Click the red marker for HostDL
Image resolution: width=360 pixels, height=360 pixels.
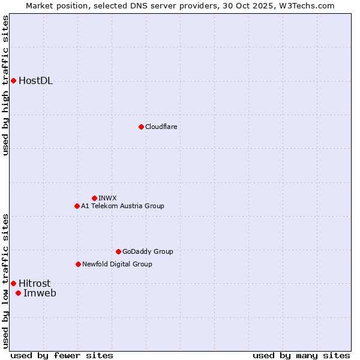tap(13, 80)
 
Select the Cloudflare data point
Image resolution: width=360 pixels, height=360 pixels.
tap(141, 127)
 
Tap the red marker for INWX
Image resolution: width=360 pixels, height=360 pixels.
tap(94, 198)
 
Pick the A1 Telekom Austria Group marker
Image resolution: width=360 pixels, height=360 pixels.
tap(77, 206)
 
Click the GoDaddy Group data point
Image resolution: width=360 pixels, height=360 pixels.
tap(118, 251)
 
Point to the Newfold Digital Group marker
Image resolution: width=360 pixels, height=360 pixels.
tap(78, 264)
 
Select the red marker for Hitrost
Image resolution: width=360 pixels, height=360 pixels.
tap(13, 283)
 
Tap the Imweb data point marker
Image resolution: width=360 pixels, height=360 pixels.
tap(18, 293)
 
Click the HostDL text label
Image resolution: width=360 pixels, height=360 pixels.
tap(35, 81)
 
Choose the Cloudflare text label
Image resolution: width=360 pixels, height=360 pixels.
tap(161, 127)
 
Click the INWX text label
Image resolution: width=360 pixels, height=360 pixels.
tap(107, 198)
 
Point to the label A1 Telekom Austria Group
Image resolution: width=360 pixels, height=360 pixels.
tap(122, 206)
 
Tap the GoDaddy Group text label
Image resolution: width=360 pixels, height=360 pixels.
tap(148, 251)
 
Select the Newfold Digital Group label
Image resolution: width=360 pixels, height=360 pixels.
tap(117, 264)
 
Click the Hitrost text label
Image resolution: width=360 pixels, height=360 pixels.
tap(34, 283)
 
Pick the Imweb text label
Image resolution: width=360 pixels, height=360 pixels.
tap(40, 293)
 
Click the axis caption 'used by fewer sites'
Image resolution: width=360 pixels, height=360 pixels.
tap(62, 355)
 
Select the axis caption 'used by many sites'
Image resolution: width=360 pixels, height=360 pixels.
tap(301, 355)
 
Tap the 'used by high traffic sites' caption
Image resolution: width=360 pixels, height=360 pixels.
tap(6, 85)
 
